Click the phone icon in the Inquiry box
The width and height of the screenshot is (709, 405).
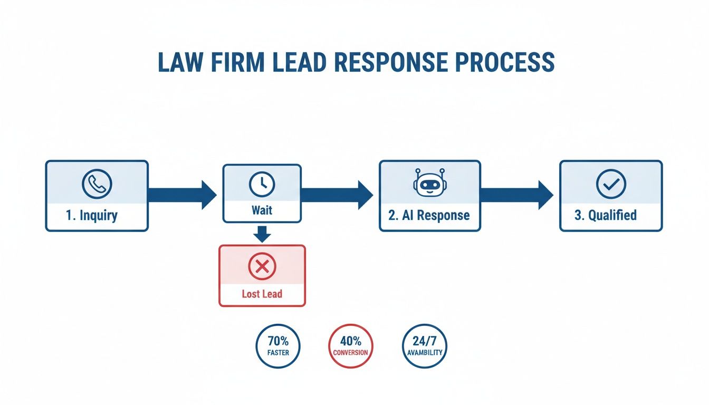(97, 183)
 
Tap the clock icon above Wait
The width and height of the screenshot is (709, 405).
(262, 183)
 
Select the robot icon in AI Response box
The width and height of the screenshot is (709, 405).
(429, 182)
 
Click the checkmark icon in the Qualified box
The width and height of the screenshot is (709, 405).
(610, 184)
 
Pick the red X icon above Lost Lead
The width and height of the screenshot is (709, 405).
(262, 267)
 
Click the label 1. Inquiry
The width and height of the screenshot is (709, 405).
(92, 215)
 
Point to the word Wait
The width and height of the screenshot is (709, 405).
(262, 210)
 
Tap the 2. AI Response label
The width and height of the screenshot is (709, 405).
(429, 215)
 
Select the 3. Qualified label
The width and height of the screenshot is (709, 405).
(605, 215)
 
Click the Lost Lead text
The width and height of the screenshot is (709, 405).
(262, 294)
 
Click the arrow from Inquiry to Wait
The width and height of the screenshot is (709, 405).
(182, 195)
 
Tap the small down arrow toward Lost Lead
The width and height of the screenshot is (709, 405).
(262, 234)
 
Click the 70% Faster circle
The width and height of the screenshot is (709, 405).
(278, 345)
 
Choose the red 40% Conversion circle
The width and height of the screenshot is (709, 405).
(350, 345)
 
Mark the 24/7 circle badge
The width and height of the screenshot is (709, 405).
(424, 345)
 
